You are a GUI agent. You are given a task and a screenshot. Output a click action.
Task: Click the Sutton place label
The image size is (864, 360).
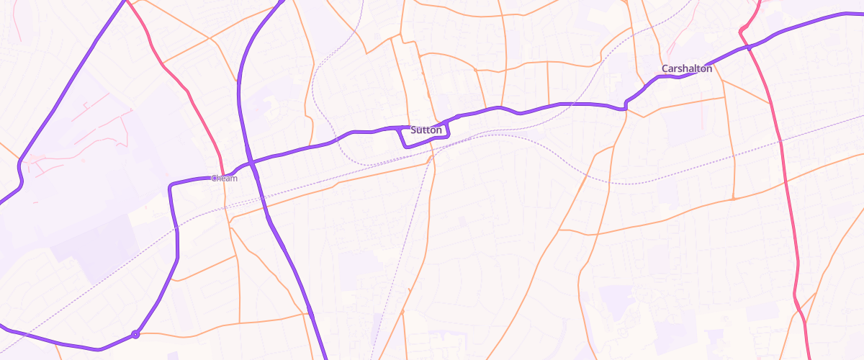(426, 130)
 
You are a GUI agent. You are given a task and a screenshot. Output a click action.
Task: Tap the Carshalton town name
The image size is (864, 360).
(687, 69)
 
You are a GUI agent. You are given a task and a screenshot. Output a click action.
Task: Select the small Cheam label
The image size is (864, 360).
(224, 178)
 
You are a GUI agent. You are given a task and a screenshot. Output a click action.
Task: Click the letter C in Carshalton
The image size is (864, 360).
(665, 69)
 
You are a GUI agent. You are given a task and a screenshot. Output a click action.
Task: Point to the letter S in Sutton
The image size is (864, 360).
(414, 130)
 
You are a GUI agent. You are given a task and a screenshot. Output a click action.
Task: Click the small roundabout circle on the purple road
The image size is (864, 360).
(135, 334)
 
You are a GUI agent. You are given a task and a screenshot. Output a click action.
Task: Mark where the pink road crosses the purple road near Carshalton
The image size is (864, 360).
(748, 47)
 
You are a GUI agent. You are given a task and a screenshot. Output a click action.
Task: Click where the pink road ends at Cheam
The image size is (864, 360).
(222, 174)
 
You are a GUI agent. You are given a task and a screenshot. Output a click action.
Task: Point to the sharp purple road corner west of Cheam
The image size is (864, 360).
(171, 186)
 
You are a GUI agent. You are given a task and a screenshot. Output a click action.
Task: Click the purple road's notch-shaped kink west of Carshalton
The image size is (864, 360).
(626, 106)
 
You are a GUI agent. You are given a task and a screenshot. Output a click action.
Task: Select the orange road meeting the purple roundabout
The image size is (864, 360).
(166, 333)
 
